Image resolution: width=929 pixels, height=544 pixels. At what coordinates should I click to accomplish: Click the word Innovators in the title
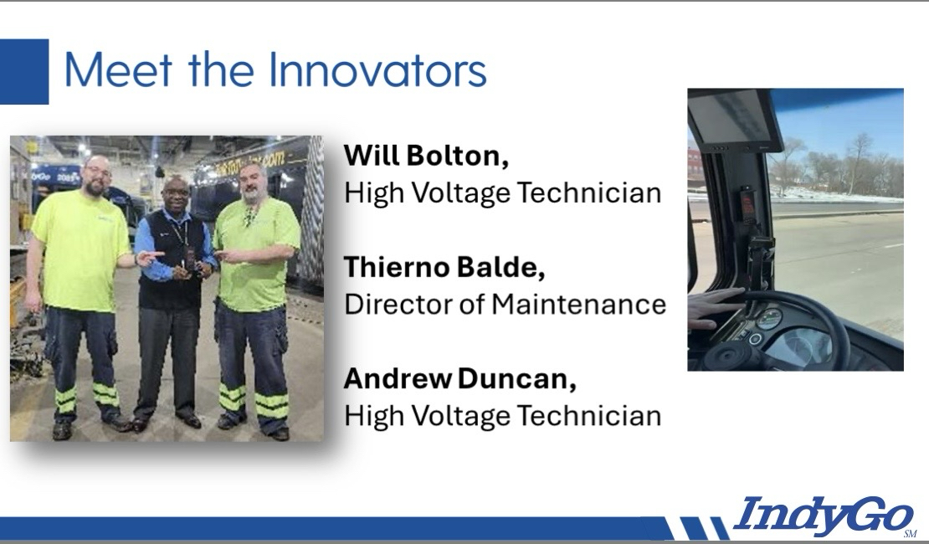point(377,70)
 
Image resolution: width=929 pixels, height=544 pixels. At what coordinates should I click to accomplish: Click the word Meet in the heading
point(118,70)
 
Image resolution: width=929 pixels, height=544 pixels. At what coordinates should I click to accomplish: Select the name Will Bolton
point(425,156)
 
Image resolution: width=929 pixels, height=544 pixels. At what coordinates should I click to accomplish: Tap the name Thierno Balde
point(444,267)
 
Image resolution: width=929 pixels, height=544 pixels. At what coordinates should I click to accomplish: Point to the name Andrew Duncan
point(459,378)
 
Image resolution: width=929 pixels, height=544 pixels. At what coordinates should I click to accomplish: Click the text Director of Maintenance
point(505,304)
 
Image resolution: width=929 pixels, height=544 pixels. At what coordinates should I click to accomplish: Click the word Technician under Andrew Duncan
point(589,415)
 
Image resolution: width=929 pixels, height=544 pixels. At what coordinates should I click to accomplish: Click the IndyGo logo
point(824,515)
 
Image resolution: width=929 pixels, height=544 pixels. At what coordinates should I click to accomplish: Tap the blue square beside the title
point(23,71)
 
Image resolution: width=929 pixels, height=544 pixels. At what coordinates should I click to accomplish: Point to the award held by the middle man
point(191,262)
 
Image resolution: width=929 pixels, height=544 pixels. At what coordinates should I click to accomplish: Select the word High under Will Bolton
point(374,194)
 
